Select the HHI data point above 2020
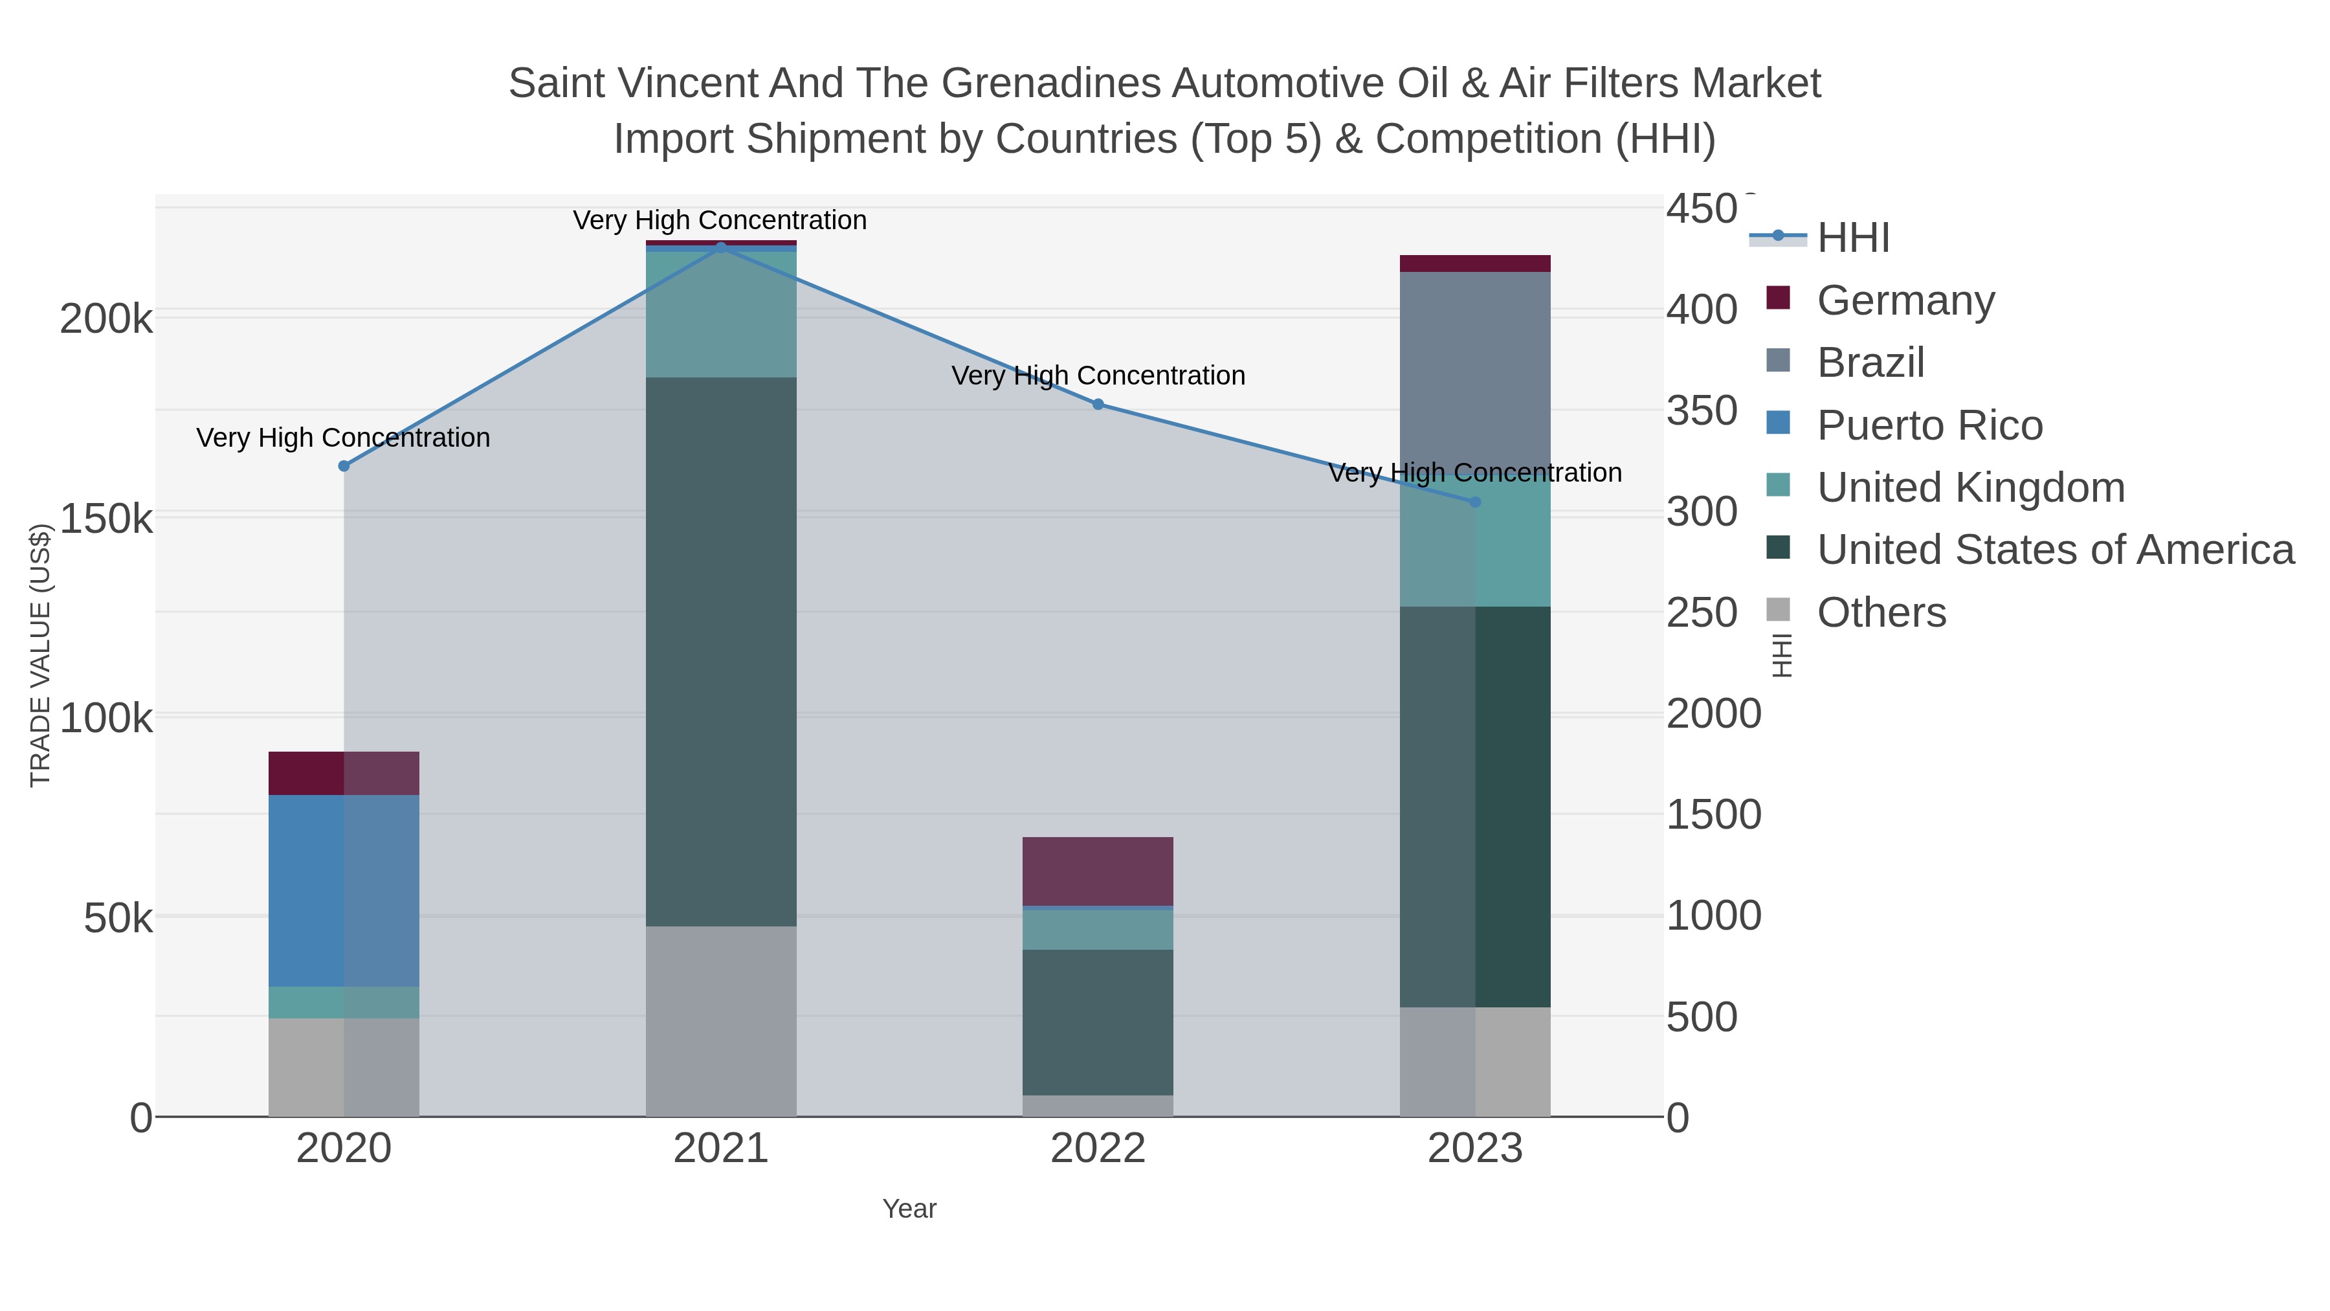point(344,466)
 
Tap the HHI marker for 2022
point(1098,405)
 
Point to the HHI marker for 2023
point(1475,502)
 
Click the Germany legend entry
point(1905,300)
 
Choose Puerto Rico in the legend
point(1929,425)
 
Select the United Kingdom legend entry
point(1970,487)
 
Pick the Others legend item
point(1880,612)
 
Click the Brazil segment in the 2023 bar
point(1475,371)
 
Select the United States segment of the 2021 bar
point(721,651)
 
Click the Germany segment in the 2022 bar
point(1098,870)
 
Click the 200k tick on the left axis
point(106,319)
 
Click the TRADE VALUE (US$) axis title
point(41,655)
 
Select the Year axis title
point(909,1209)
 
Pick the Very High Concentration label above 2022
point(1098,375)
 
